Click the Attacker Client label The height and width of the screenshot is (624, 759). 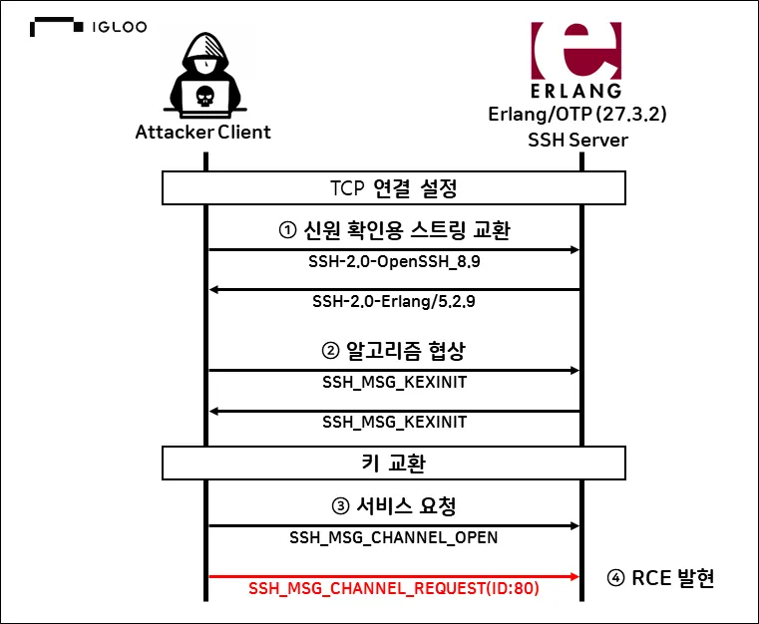[x=203, y=133]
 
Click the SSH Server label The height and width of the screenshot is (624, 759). [x=577, y=140]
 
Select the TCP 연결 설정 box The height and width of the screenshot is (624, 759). [x=394, y=187]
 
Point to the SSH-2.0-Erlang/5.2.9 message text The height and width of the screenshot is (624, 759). [x=394, y=301]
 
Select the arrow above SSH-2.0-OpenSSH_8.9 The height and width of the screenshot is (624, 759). [x=394, y=249]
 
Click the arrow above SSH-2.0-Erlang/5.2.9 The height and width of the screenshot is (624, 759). [x=394, y=289]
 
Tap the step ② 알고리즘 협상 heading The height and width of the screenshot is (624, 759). [x=394, y=351]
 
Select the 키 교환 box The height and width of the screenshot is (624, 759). [x=394, y=463]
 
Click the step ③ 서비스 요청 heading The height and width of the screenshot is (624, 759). [x=394, y=505]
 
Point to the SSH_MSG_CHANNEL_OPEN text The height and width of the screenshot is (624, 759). [x=394, y=537]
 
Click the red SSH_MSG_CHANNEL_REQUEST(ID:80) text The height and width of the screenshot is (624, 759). [x=394, y=589]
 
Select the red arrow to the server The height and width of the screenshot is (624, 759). [x=394, y=576]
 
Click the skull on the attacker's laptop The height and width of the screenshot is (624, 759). [x=204, y=96]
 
